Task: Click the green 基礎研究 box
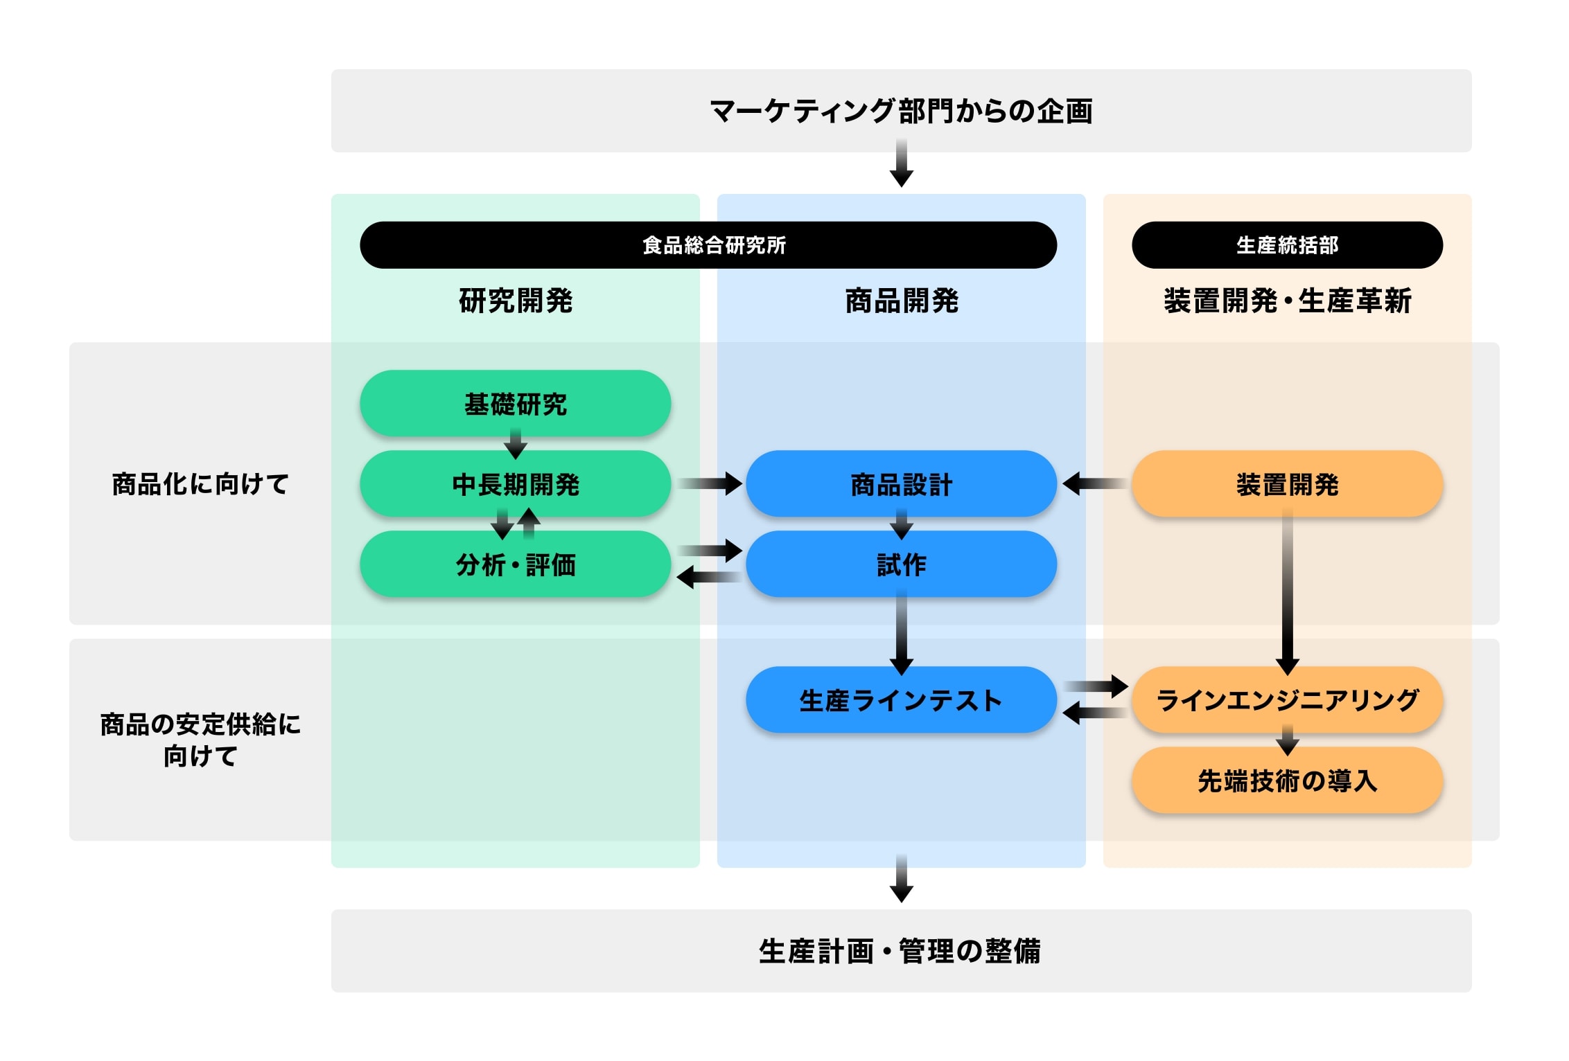pos(515,404)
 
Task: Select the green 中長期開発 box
pos(515,484)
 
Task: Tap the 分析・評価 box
pos(515,564)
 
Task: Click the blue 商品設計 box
pos(901,484)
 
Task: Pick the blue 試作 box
pos(901,564)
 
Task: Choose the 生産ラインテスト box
pos(901,700)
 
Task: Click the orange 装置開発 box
pos(1287,484)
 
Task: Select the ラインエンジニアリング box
pos(1287,700)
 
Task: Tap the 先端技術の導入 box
pos(1287,781)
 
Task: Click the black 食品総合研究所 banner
pos(714,245)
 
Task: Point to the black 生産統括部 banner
pos(1287,245)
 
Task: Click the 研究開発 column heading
pos(516,301)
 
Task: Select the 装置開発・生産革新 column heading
pos(1287,301)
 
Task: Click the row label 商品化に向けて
pos(200,484)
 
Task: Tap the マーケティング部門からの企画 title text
pos(901,111)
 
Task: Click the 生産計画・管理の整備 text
pos(901,951)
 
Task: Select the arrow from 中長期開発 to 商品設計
pos(710,483)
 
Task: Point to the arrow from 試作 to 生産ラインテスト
pos(901,634)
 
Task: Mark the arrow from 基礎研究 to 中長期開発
pos(515,443)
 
